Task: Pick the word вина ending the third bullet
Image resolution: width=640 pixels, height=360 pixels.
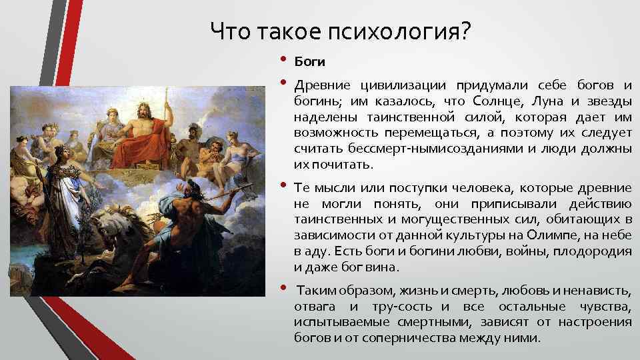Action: (383, 267)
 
